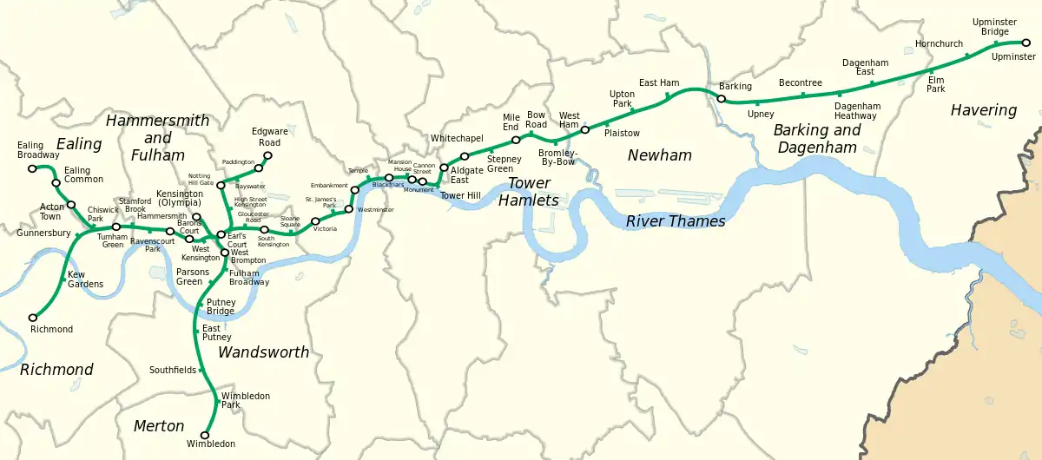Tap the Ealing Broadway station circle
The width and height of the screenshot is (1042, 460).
coord(32,168)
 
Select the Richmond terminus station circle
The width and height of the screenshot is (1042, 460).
coord(33,317)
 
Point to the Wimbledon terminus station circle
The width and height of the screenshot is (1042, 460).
coord(206,435)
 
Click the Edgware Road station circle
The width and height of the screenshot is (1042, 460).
coord(267,156)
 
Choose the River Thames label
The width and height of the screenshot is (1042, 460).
coord(675,221)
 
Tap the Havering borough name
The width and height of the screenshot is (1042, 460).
coord(983,110)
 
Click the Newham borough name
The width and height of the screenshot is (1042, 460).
coord(661,155)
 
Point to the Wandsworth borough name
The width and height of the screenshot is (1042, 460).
coord(263,352)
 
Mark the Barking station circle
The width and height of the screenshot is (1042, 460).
coord(721,99)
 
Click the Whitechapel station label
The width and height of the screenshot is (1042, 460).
coord(456,138)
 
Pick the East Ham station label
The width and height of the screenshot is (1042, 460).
coord(659,82)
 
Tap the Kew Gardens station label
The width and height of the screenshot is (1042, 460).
coord(85,279)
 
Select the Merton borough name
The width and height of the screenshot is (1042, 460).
coord(159,426)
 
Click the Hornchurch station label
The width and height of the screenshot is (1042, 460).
coord(940,43)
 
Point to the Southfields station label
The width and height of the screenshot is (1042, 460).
coord(174,370)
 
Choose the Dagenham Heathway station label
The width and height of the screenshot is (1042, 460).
coord(857,111)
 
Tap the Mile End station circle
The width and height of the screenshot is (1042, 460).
coord(516,139)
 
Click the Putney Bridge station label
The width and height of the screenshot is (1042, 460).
coord(221,306)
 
